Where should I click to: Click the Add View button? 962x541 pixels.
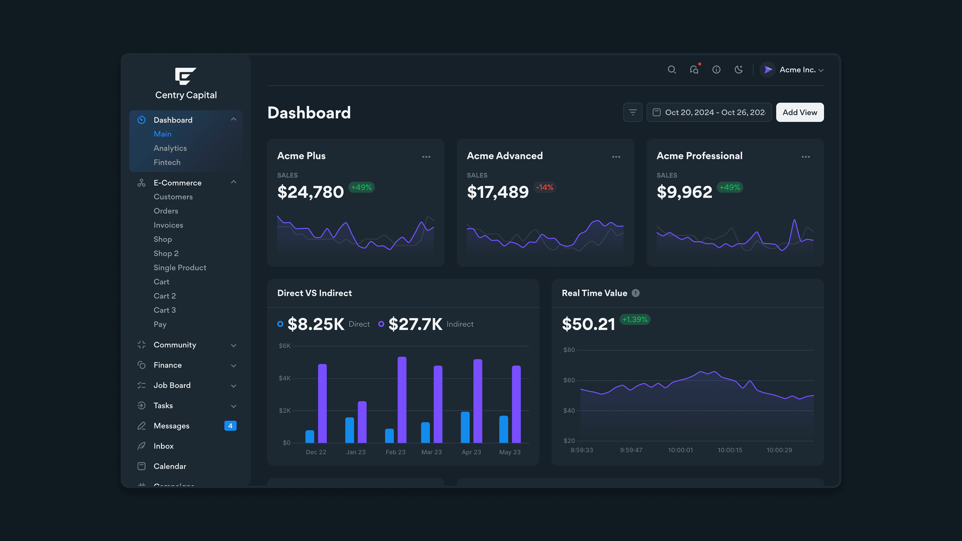800,113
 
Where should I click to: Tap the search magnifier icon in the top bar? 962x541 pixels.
671,70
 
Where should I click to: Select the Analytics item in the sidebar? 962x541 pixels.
170,148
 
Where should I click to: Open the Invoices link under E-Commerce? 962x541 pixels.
168,225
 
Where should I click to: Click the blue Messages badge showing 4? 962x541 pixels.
230,426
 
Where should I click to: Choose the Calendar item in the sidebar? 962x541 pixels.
170,466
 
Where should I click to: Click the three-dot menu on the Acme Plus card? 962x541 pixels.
426,157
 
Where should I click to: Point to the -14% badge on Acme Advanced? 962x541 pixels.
545,187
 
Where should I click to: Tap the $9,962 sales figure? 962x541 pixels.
684,192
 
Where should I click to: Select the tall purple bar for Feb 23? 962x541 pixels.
402,400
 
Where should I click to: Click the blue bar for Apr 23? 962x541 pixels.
465,427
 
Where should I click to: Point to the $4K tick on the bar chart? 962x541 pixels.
284,378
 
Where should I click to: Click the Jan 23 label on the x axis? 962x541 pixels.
355,452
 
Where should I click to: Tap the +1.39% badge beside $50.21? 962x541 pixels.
635,320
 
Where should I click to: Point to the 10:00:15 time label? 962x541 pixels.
730,450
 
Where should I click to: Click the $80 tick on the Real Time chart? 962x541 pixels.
569,350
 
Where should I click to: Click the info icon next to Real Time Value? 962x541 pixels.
636,293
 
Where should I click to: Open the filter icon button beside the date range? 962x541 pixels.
633,113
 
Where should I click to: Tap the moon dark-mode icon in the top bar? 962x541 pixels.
738,70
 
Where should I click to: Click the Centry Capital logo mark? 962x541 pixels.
186,76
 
